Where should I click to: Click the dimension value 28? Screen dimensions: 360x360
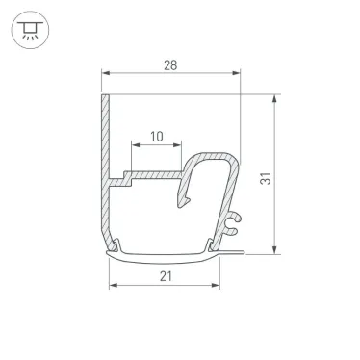(169, 64)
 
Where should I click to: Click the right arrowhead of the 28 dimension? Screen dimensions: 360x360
(236, 74)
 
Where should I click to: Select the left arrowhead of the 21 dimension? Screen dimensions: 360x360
(112, 287)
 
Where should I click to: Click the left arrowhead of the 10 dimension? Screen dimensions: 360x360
(126, 147)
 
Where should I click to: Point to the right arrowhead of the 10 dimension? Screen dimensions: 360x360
(178, 147)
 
